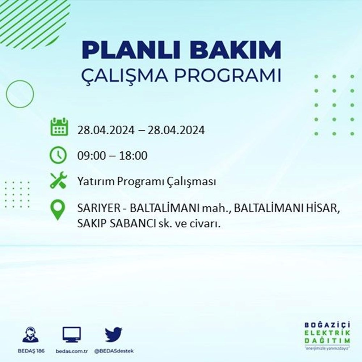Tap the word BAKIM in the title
[236, 50]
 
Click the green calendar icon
[59, 127]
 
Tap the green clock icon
[58, 155]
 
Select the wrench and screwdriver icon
[58, 180]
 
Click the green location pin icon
[58, 210]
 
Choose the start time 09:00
[91, 156]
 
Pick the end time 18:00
[133, 156]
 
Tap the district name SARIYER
[99, 209]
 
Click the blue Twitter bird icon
[114, 334]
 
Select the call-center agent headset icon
[31, 334]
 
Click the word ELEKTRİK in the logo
[327, 333]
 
